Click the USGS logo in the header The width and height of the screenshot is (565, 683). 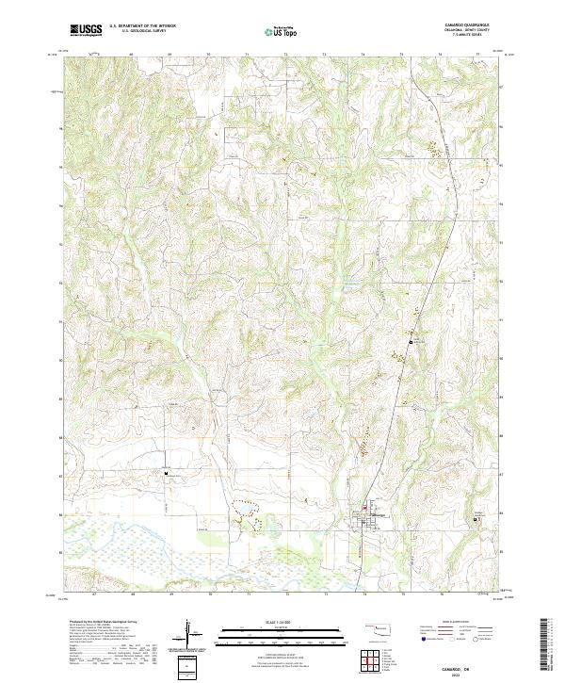click(86, 30)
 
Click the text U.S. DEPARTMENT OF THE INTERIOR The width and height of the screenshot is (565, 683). click(141, 26)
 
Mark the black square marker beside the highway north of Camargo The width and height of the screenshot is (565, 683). click(411, 343)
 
